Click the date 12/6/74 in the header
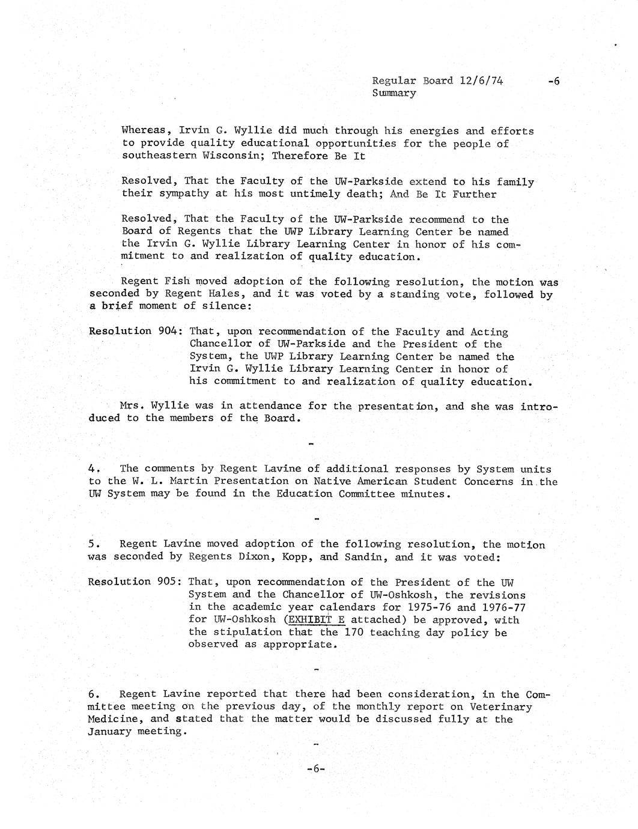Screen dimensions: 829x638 tap(481, 80)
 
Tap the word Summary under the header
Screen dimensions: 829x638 tap(394, 93)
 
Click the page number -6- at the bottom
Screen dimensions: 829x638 tap(315, 768)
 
